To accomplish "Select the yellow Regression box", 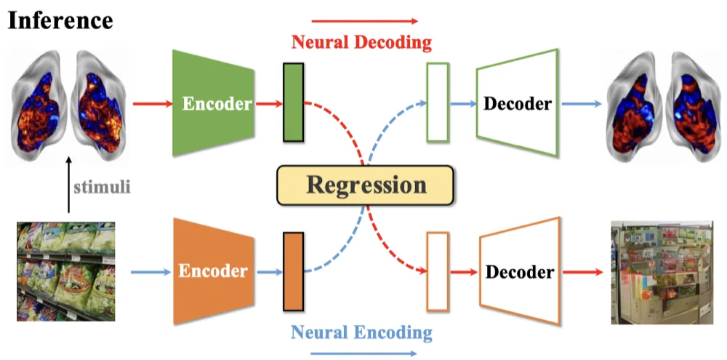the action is (366, 185).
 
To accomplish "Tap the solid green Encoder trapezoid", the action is (214, 103).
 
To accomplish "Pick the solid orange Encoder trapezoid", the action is (214, 271).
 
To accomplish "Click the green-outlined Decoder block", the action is (517, 103).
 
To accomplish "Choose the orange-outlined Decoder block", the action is (519, 271).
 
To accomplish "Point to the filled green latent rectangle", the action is (294, 102).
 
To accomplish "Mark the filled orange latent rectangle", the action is (294, 271).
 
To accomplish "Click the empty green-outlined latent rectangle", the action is (438, 102).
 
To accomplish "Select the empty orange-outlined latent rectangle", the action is (438, 271).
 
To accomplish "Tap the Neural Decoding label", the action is (361, 43).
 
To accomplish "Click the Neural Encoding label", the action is (361, 332).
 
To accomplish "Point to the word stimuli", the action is (102, 188).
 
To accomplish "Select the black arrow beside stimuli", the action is (68, 185).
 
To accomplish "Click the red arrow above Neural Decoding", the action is (365, 21).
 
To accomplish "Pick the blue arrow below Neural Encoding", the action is (363, 353).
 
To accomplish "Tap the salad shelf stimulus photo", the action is (66, 271).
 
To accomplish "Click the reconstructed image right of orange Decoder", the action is (662, 272).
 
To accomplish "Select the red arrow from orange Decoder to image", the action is (582, 272).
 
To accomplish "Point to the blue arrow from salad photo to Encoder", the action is (151, 272).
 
